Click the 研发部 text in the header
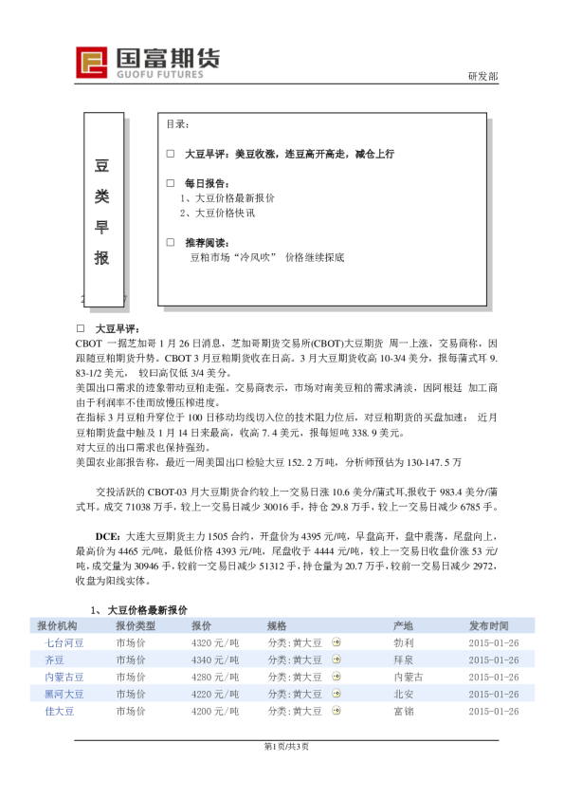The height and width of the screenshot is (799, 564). pos(482,76)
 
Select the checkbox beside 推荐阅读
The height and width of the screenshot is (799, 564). pos(171,243)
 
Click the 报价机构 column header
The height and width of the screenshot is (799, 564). pos(57,626)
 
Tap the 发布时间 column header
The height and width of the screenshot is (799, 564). pos(488,626)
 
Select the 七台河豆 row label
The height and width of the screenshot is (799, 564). pos(64,643)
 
